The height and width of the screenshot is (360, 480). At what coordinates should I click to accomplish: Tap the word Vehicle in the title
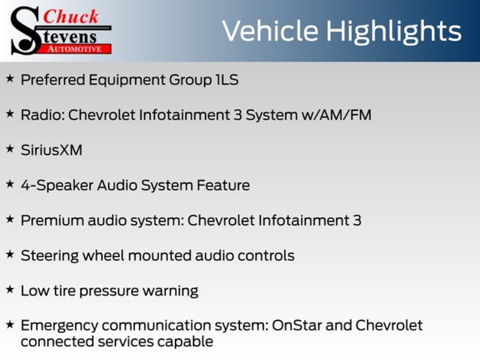270,30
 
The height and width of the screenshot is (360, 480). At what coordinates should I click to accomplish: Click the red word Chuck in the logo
71,16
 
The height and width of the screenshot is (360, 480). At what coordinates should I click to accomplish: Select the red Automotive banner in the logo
75,49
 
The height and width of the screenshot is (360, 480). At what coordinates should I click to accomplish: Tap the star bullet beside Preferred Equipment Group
10,79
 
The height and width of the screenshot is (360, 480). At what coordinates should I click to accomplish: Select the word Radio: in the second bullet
42,115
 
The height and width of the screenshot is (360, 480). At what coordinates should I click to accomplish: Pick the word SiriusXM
52,150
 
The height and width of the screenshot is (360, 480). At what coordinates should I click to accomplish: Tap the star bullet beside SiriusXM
10,149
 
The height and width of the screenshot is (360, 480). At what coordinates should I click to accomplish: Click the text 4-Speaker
57,186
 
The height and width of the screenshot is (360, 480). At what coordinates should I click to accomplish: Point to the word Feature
223,186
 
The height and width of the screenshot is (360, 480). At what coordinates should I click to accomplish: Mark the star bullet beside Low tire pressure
10,289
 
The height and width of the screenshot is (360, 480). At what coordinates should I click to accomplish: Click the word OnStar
297,325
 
